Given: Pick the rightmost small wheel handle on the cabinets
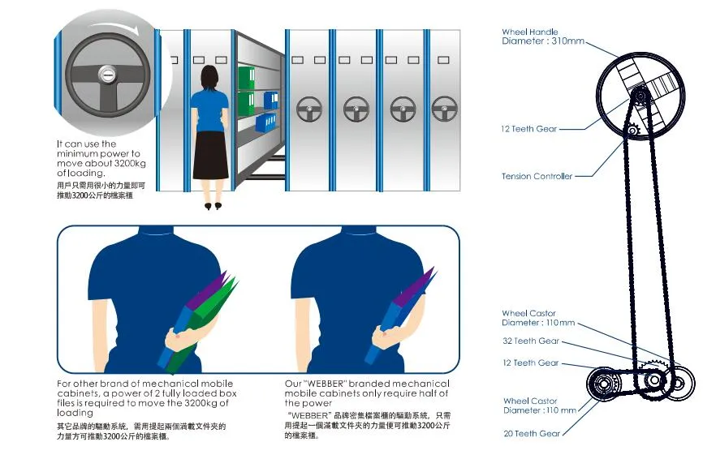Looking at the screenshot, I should pyautogui.click(x=444, y=108).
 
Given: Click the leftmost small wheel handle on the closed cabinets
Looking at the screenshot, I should pyautogui.click(x=309, y=108).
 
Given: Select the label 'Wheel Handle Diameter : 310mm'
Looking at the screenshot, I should pyautogui.click(x=541, y=36).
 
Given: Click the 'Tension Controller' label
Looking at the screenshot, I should pyautogui.click(x=537, y=176).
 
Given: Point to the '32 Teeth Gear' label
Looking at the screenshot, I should pyautogui.click(x=530, y=341).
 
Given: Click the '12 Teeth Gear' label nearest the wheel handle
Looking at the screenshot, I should pyautogui.click(x=528, y=129).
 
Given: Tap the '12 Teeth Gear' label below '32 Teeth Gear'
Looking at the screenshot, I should pyautogui.click(x=530, y=363).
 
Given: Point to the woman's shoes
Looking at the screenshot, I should pyautogui.click(x=213, y=207).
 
